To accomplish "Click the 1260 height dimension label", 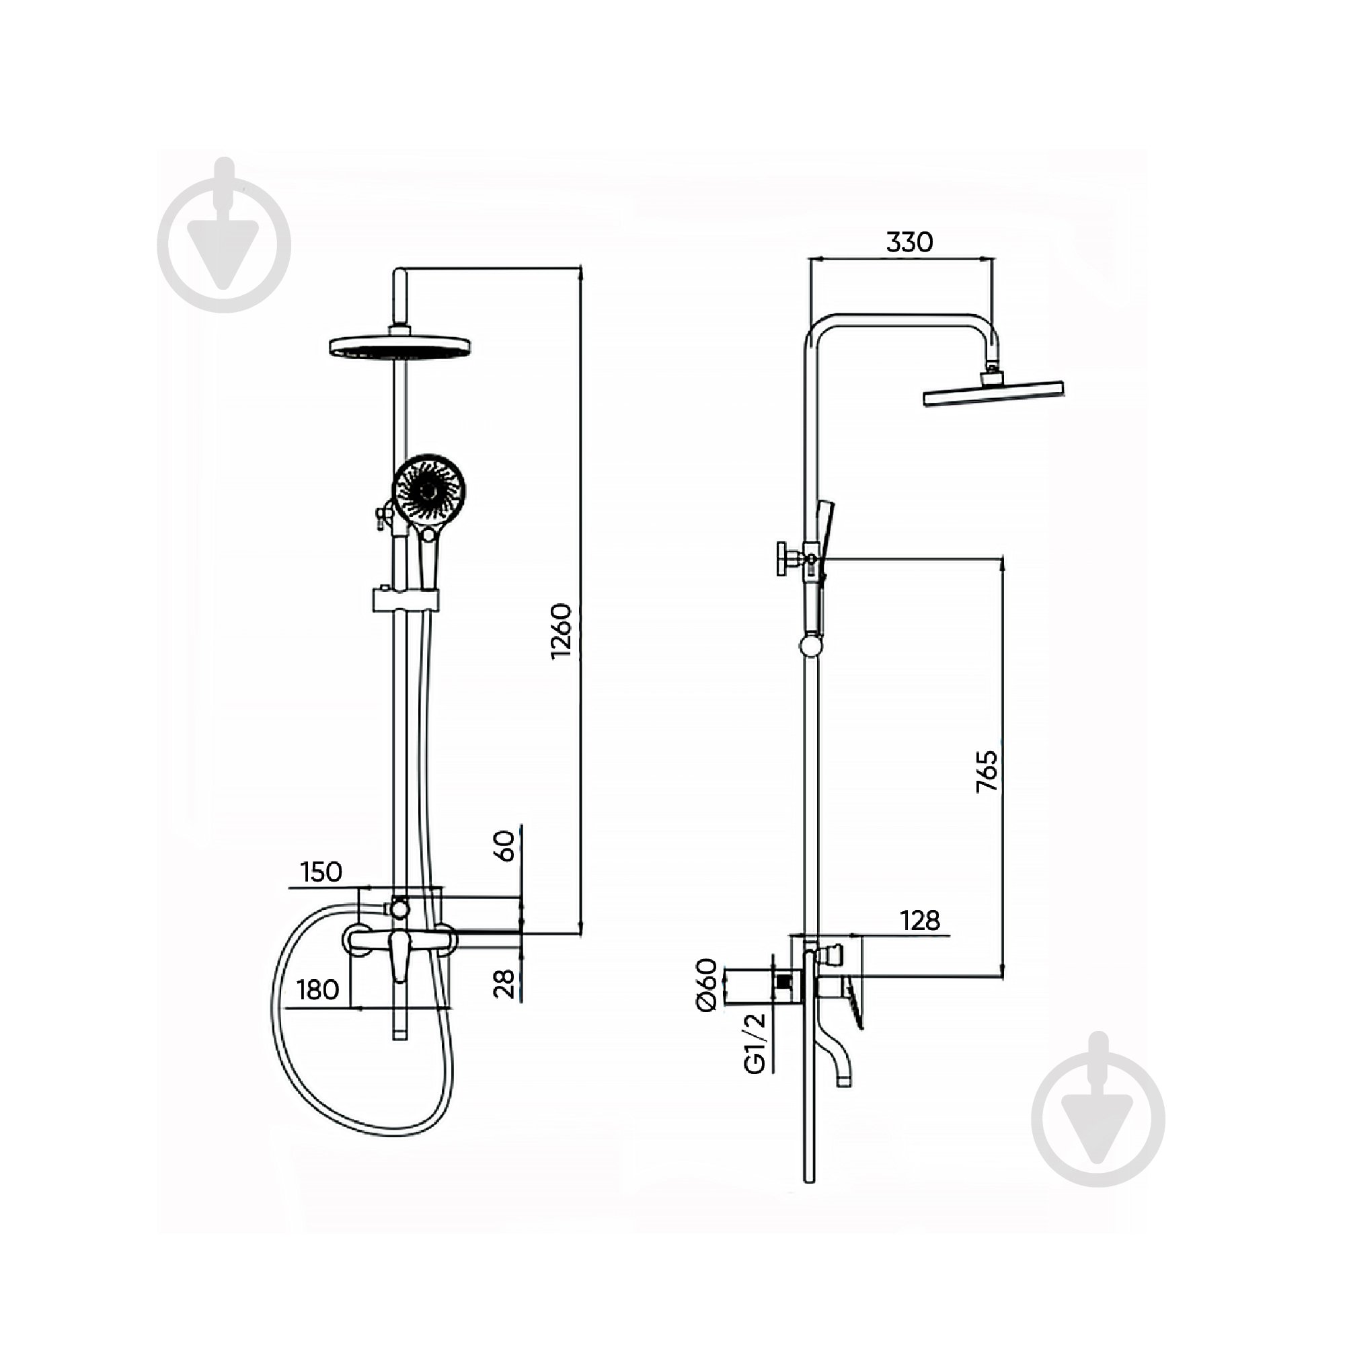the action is [x=561, y=631].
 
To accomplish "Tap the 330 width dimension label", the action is [x=910, y=241].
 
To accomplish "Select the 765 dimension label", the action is [x=987, y=771].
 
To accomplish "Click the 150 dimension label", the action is [x=321, y=872].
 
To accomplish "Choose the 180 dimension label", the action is [x=318, y=989].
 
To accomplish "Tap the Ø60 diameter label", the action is [x=706, y=985].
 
